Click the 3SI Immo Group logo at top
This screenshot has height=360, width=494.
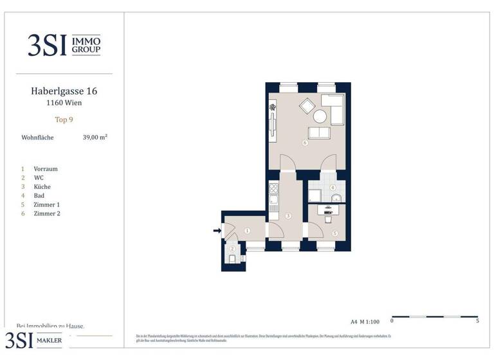click(64, 45)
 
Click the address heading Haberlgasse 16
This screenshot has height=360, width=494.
click(63, 91)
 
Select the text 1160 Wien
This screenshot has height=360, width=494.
click(63, 103)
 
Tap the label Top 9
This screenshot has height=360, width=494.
click(63, 120)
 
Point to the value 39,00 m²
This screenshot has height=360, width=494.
click(95, 137)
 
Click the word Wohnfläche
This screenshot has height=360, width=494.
click(37, 138)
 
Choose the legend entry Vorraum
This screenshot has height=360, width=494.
click(46, 169)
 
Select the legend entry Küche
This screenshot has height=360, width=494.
click(42, 186)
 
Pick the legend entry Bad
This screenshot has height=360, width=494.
click(39, 195)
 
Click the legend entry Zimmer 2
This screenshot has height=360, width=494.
click(46, 213)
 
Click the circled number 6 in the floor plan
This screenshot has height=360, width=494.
click(304, 143)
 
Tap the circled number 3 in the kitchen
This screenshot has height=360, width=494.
click(288, 216)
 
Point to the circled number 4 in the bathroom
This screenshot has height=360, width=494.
click(333, 188)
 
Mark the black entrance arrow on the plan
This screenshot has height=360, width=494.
click(217, 230)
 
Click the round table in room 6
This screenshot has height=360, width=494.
click(320, 116)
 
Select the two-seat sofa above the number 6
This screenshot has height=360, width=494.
click(318, 133)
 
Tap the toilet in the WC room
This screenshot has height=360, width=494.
click(232, 258)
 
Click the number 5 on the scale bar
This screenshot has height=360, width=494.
click(477, 320)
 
